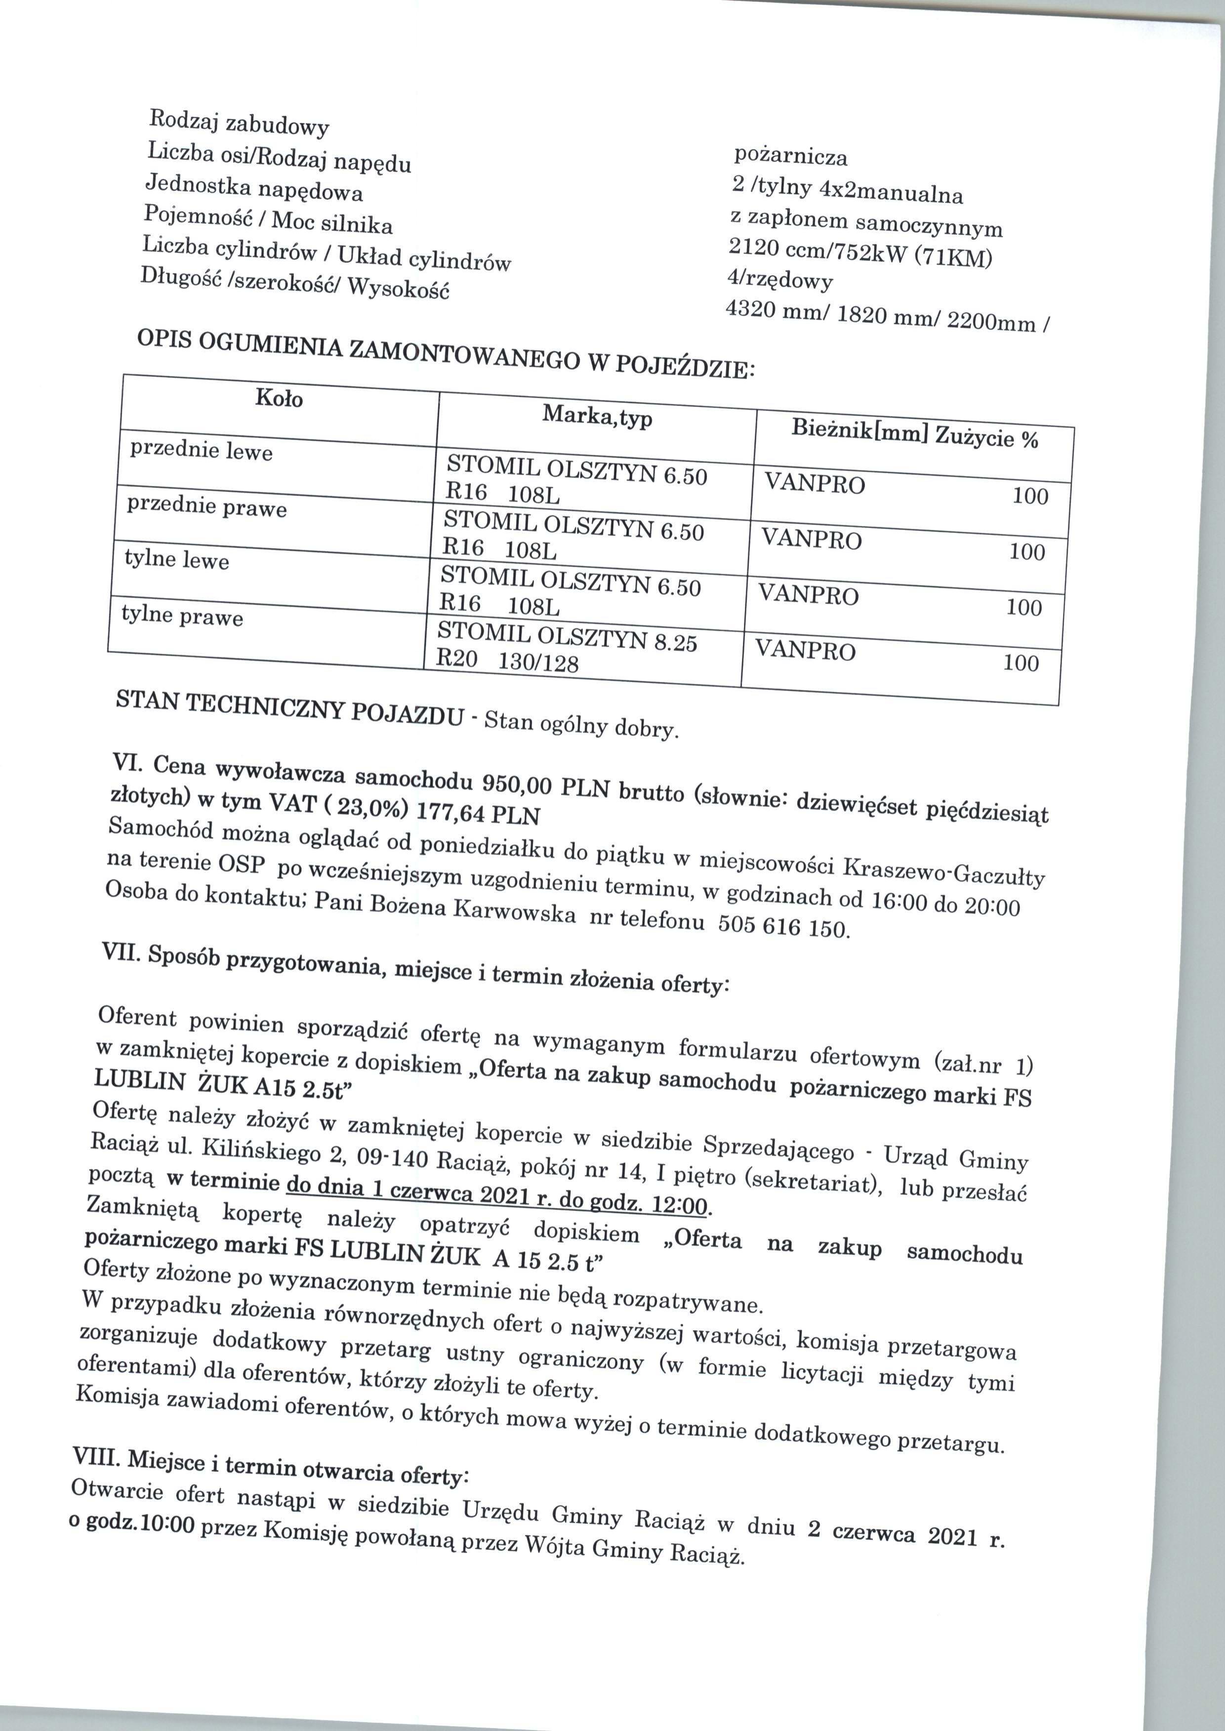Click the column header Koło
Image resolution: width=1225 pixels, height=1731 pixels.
pos(279,398)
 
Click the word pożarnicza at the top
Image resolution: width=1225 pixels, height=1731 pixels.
pos(790,157)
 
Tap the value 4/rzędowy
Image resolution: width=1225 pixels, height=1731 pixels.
pos(779,281)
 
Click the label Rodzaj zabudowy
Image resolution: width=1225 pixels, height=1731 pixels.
pos(239,122)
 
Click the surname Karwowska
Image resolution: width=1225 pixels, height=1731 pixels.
pos(514,911)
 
